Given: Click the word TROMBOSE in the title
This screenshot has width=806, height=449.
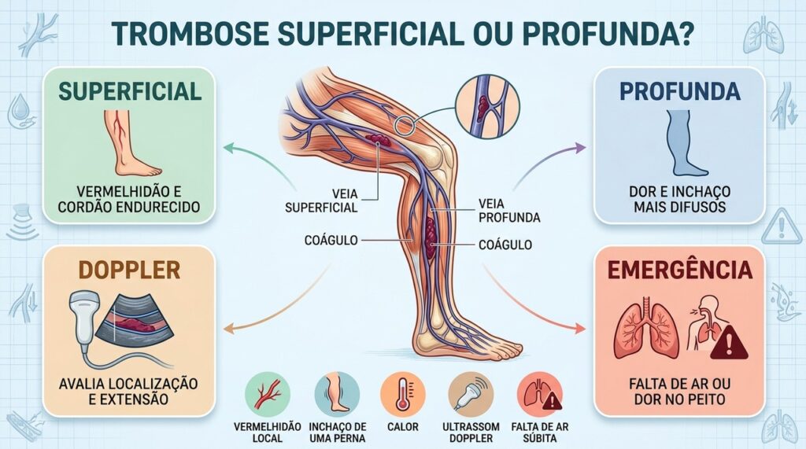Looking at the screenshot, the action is (190, 34).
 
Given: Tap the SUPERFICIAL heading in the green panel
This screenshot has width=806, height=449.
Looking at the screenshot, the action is (130, 91).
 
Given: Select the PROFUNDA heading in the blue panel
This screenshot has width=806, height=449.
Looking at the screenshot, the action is (679, 91).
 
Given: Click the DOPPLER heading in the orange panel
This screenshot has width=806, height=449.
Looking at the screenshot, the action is (129, 271).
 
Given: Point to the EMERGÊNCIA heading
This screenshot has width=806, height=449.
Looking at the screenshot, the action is (679, 271).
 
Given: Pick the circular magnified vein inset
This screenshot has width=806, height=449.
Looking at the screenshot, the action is (487, 107).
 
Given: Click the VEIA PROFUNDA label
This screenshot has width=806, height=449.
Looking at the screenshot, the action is (509, 211).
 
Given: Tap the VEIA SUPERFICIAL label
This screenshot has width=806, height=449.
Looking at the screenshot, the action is (321, 201).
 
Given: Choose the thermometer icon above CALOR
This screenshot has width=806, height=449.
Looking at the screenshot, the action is (402, 394).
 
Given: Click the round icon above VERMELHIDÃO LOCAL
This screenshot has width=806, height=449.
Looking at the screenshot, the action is (268, 394).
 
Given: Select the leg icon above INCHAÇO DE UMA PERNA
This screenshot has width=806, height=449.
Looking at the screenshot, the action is (337, 394).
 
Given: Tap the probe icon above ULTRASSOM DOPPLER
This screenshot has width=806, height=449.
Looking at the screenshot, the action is (471, 394).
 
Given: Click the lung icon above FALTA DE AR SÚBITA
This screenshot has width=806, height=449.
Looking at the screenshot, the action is (540, 394).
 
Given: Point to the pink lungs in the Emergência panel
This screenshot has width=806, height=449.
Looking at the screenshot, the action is (645, 329).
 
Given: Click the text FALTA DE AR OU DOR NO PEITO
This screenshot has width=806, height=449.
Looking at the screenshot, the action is (679, 392).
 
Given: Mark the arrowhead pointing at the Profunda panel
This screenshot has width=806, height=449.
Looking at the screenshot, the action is (581, 149).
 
